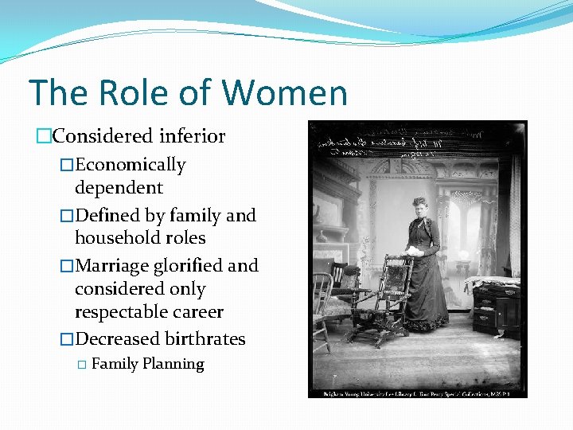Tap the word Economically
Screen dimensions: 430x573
pos(130,165)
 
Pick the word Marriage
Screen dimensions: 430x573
pos(111,265)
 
